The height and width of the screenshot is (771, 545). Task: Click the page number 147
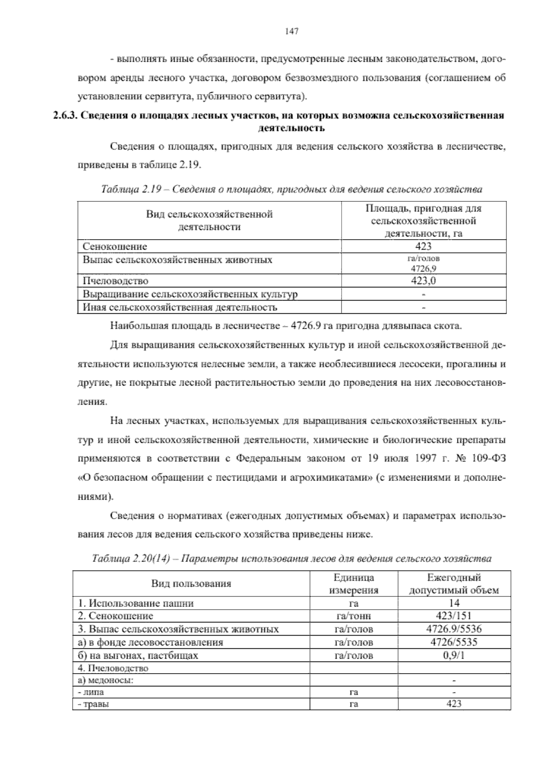[x=291, y=31]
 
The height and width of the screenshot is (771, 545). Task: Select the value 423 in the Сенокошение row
[x=423, y=246]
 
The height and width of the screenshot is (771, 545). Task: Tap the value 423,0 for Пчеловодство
[x=423, y=281]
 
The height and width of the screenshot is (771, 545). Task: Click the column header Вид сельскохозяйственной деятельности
[x=209, y=220]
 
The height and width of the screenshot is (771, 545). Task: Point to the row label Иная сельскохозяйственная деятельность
[x=179, y=307]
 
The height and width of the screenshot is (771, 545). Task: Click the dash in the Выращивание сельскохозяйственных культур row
[x=423, y=294]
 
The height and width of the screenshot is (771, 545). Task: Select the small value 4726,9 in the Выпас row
[x=423, y=268]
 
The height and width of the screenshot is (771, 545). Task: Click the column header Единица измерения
[x=353, y=584]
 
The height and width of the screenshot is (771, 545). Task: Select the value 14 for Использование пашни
[x=454, y=603]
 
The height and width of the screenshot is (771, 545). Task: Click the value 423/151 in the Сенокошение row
[x=454, y=616]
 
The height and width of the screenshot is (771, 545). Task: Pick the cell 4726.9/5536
[x=454, y=629]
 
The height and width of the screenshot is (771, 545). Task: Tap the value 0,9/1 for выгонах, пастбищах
[x=454, y=656]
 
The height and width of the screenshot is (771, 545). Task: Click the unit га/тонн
[x=353, y=616]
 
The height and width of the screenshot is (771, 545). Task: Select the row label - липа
[x=90, y=692]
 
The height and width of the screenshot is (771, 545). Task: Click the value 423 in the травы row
[x=454, y=704]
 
